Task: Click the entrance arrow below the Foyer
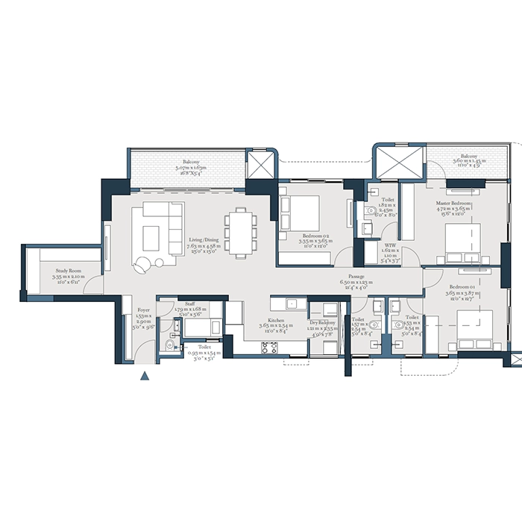pos(145,376)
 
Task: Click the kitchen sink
pos(292,303)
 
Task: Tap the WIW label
pos(390,249)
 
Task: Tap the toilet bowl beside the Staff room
pos(171,345)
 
